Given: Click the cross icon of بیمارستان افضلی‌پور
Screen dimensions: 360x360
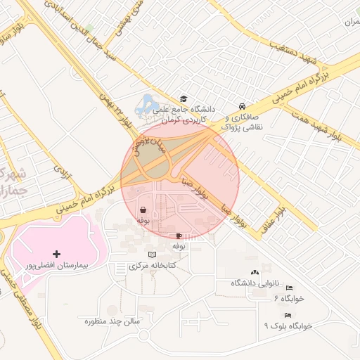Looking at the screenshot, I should coord(57,253).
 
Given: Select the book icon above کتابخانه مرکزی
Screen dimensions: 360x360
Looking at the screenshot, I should coord(153,254).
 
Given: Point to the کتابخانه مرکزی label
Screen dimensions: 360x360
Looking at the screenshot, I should coord(153,266).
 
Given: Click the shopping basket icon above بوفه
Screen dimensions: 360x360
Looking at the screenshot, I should coord(143,210).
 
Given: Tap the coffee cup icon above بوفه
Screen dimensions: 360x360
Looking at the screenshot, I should coord(179,236).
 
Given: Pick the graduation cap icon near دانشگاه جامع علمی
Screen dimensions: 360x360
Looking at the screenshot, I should coord(184,99).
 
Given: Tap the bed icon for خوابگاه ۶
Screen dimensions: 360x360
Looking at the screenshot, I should coord(288,287).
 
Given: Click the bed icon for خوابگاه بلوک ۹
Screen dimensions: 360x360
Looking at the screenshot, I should coord(287,315).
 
